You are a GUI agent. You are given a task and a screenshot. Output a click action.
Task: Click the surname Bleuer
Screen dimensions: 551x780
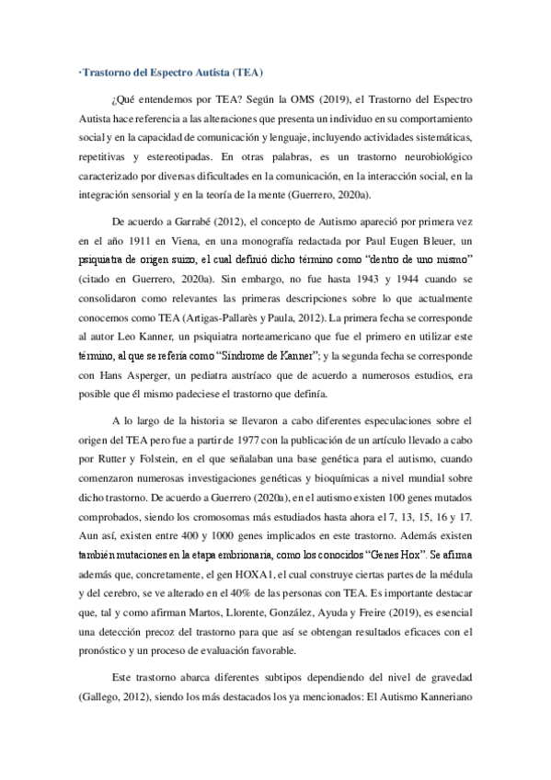(433, 239)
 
